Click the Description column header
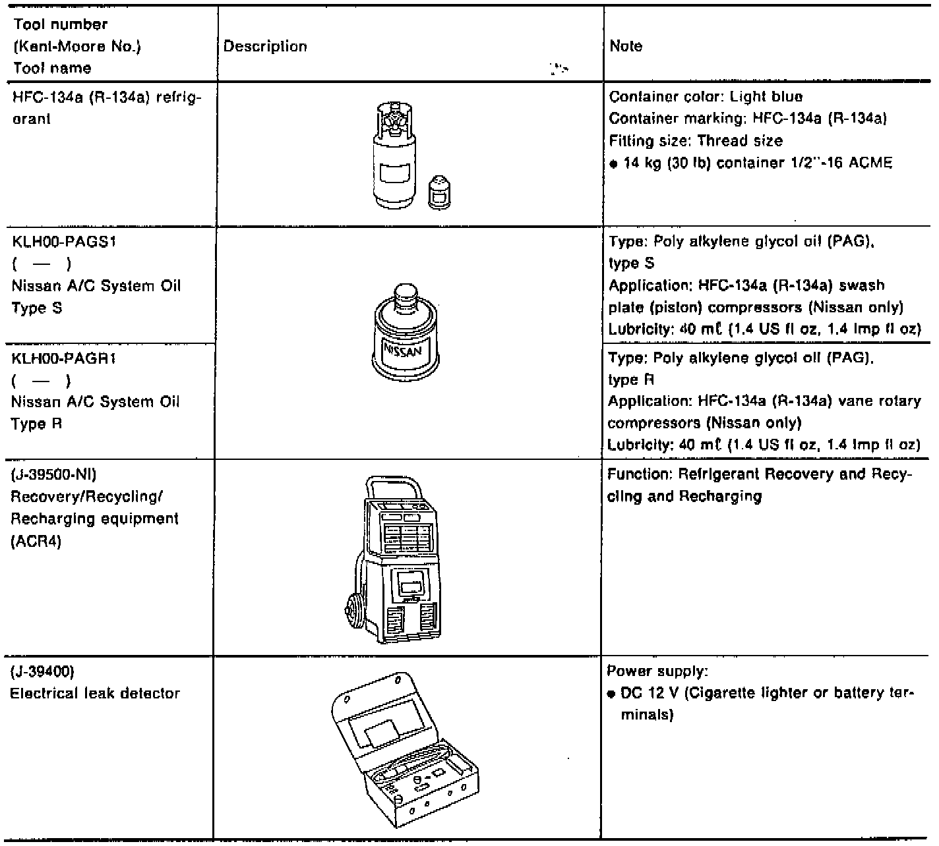tap(265, 46)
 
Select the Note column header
tap(626, 46)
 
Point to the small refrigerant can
tap(439, 192)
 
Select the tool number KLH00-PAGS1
tap(64, 242)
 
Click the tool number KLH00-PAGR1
tap(64, 358)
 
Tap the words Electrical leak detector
tap(95, 693)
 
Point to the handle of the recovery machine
tap(390, 486)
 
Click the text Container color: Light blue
tap(706, 97)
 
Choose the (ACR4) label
tap(36, 541)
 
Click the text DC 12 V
tap(644, 693)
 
